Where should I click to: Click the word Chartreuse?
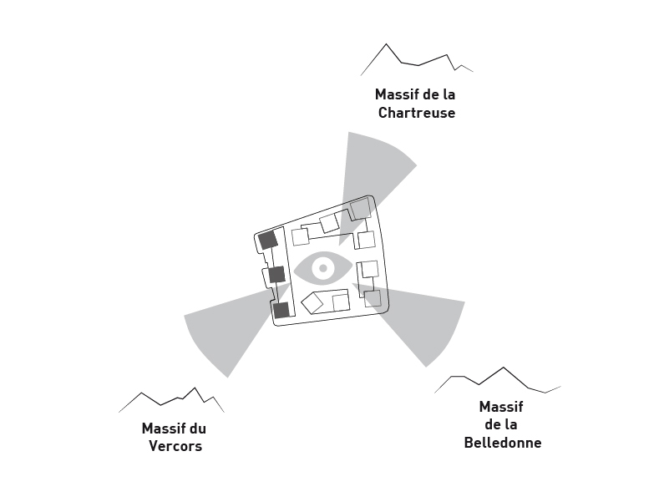[416, 113]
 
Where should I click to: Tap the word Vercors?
[175, 446]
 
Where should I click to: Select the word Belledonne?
[502, 443]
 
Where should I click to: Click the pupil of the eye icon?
[323, 268]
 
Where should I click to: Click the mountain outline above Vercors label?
[172, 401]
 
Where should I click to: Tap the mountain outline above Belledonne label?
[498, 380]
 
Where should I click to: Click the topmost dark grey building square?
[267, 241]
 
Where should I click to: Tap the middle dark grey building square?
[276, 275]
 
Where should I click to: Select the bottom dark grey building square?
[281, 310]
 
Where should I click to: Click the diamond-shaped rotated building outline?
[312, 303]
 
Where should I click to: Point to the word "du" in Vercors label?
[197, 428]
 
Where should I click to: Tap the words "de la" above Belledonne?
[501, 425]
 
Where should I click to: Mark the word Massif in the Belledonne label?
[501, 407]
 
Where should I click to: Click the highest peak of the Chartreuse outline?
[386, 44]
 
